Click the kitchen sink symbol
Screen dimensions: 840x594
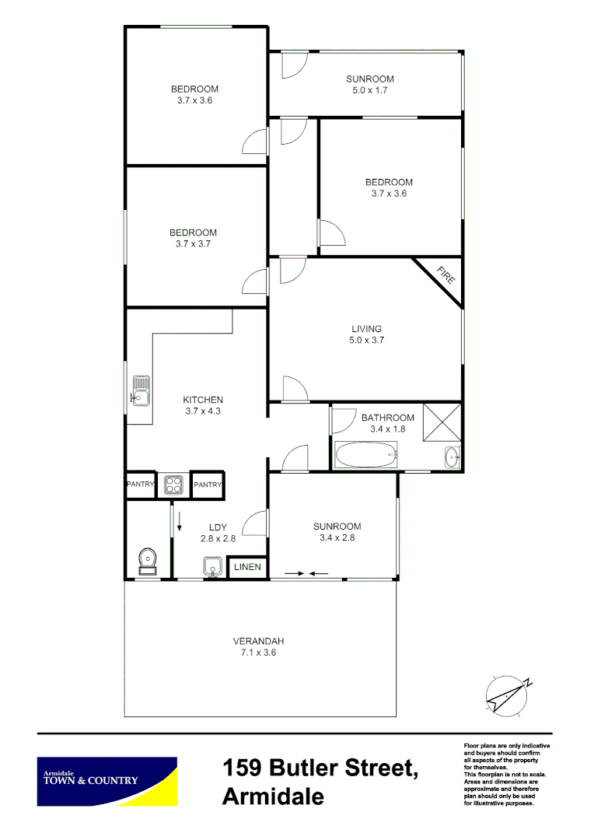coord(140,391)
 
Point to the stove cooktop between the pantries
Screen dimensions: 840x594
coord(173,485)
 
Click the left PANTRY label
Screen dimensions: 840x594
coord(141,485)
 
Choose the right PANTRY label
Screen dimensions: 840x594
coord(208,485)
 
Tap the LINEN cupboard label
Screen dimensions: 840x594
coord(249,569)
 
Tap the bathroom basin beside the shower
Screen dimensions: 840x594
coord(452,457)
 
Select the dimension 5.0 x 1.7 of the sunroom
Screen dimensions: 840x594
coord(369,90)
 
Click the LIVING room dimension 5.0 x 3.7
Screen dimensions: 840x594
coord(366,340)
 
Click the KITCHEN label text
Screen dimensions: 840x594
coord(203,400)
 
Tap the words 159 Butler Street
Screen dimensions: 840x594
coord(320,769)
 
